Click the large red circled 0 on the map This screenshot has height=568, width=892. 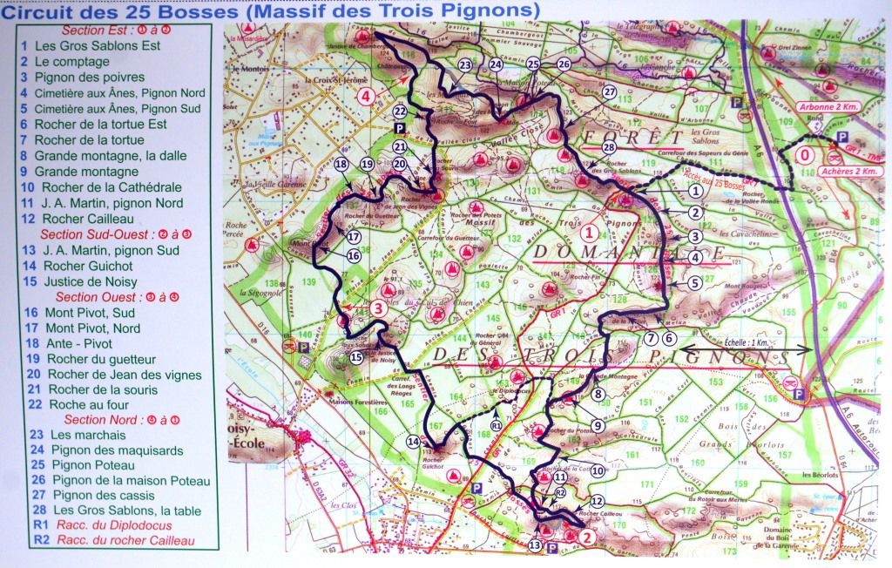pyautogui.click(x=808, y=154)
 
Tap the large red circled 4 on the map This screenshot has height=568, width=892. pyautogui.click(x=367, y=96)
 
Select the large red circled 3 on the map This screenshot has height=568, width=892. pyautogui.click(x=377, y=307)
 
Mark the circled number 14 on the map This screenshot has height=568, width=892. pyautogui.click(x=414, y=443)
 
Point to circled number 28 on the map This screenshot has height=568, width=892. pyautogui.click(x=608, y=148)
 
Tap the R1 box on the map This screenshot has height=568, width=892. pyautogui.click(x=496, y=426)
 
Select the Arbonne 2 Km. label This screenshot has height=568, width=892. pyautogui.click(x=801, y=108)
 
